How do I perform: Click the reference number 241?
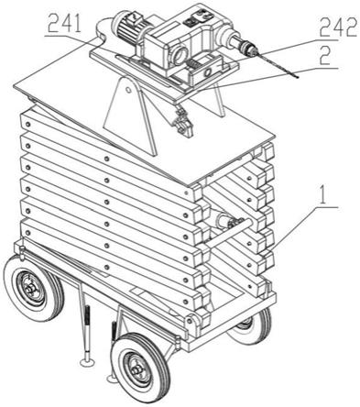65,24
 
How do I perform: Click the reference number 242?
338,27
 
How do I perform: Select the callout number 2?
326,56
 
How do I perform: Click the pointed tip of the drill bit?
298,78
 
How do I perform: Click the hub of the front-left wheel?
30,289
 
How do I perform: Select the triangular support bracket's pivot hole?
128,90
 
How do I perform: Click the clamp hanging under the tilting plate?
182,122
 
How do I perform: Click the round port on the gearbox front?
180,54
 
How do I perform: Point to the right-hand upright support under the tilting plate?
218,101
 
